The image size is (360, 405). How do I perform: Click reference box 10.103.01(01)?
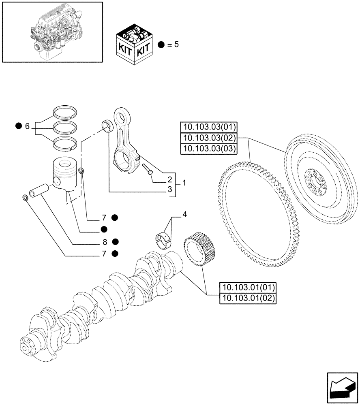click(247, 288)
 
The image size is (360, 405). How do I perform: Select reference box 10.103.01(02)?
click(247, 299)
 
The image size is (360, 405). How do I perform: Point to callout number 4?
click(184, 214)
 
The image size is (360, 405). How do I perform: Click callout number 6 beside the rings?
click(27, 127)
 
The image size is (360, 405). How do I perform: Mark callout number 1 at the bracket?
click(184, 183)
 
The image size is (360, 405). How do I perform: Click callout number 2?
click(170, 179)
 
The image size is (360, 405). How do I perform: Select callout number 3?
click(170, 189)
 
